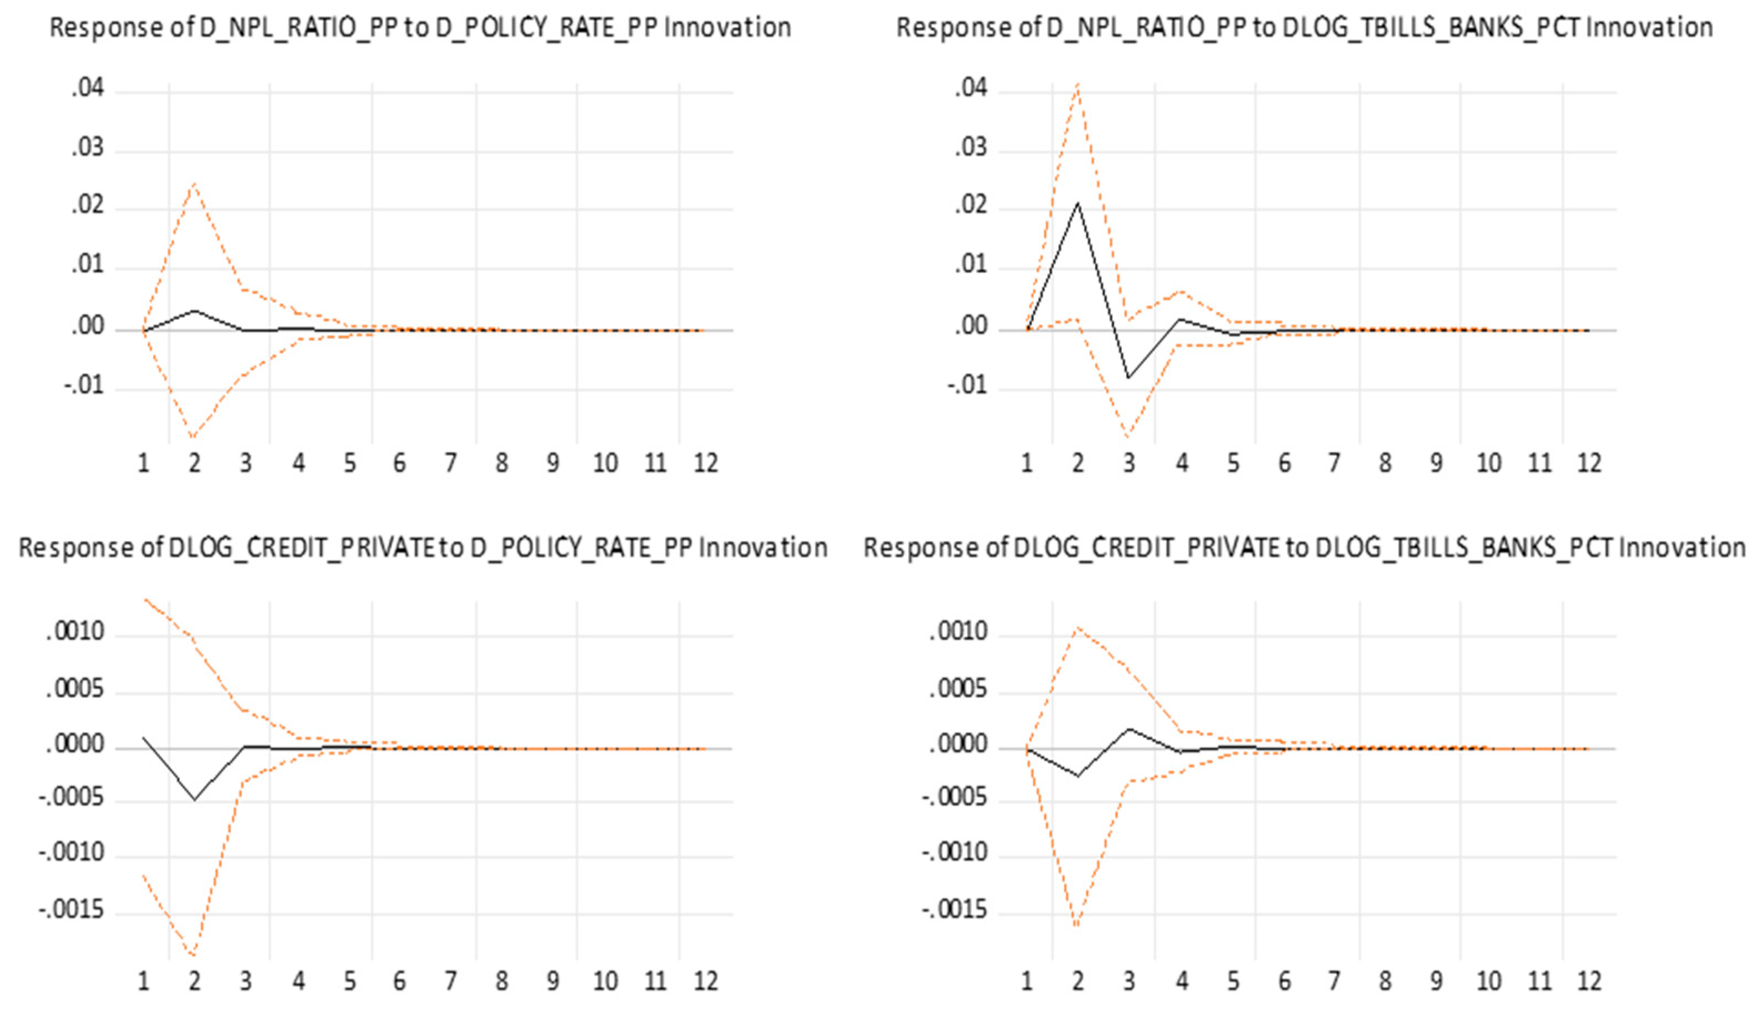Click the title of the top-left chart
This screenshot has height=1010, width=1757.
point(420,28)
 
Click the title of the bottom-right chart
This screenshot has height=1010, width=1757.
point(1304,547)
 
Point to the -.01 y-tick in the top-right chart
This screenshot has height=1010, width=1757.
point(966,387)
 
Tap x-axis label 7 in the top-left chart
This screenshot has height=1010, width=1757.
point(451,463)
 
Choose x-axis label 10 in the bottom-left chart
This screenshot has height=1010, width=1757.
point(605,981)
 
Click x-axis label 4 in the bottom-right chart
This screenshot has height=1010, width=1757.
point(1182,981)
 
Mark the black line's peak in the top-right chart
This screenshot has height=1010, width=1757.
point(1078,203)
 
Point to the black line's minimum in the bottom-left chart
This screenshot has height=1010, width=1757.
point(195,800)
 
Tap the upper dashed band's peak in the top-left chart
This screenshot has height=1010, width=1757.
point(195,184)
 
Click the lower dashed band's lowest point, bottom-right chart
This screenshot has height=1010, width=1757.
point(1078,927)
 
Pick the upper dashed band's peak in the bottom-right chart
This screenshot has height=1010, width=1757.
point(1078,627)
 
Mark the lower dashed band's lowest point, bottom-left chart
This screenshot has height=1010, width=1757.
point(195,956)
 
